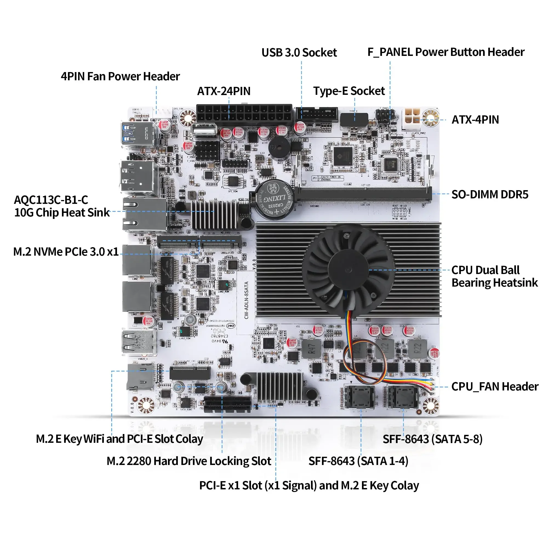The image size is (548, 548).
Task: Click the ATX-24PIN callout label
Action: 224,91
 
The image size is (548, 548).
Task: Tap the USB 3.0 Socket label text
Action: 299,53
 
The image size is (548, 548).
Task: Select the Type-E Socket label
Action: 349,91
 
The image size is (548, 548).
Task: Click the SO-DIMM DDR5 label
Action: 490,195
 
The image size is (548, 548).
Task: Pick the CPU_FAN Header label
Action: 495,387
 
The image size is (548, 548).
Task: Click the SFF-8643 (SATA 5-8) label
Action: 433,439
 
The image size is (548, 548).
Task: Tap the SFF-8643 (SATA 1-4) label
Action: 358,461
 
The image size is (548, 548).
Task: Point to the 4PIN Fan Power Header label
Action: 120,77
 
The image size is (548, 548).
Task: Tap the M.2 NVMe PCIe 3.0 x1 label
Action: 66,252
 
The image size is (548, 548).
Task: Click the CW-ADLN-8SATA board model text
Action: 246,300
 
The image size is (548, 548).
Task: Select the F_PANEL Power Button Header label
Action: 446,52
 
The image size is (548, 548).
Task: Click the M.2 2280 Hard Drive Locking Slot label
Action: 189,461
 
